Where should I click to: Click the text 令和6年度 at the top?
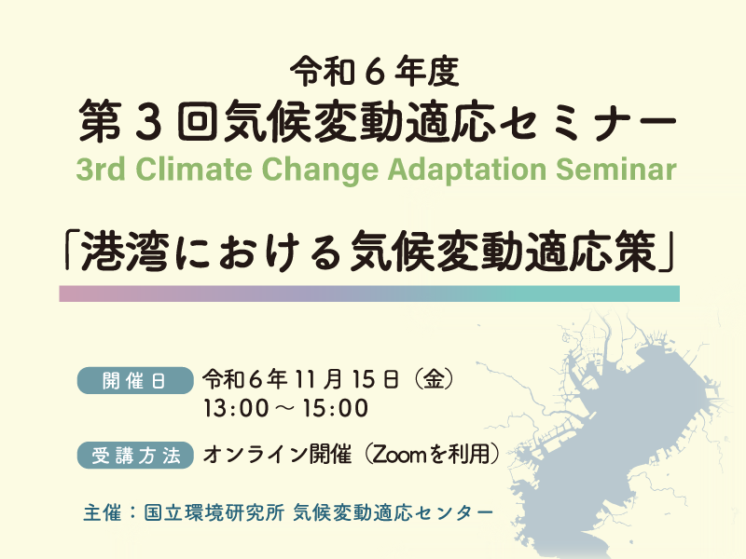click(373, 70)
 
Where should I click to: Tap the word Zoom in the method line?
click(399, 456)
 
